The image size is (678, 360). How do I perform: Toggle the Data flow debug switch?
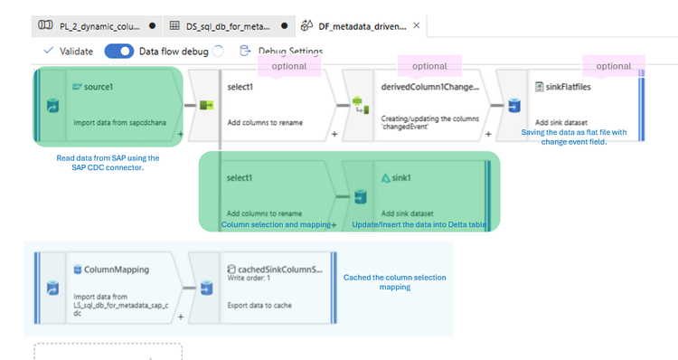tap(118, 52)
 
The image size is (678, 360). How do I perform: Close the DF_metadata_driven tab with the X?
tap(417, 25)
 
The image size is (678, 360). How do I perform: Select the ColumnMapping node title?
tap(117, 270)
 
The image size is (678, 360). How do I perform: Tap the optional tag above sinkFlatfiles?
tap(613, 65)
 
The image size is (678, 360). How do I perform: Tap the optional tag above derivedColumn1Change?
tap(429, 66)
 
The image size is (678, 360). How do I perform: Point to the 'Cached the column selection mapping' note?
tap(395, 282)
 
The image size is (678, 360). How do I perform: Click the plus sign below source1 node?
tap(181, 134)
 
